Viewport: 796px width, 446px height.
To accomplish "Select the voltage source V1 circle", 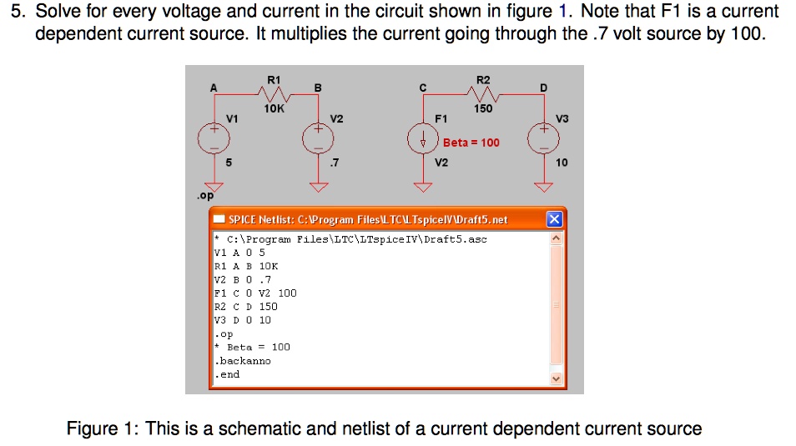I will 214,137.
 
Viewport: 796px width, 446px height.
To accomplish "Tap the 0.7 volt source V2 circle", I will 317,137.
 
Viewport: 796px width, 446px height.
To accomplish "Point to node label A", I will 214,88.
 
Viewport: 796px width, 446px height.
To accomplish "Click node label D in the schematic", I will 544,88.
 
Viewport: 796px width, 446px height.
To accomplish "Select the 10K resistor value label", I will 274,108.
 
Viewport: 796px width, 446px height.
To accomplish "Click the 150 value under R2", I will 483,108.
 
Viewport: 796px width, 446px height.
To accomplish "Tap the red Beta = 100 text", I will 471,143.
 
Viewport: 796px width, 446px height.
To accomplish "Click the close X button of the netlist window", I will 554,219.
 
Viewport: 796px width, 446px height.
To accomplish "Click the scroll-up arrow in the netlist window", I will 557,238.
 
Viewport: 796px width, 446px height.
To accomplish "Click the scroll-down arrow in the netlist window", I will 557,378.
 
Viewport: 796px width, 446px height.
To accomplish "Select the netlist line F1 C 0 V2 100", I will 255,293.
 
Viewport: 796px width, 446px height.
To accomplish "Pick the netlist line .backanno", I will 243,361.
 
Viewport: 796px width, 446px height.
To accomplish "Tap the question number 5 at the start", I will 13,13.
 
